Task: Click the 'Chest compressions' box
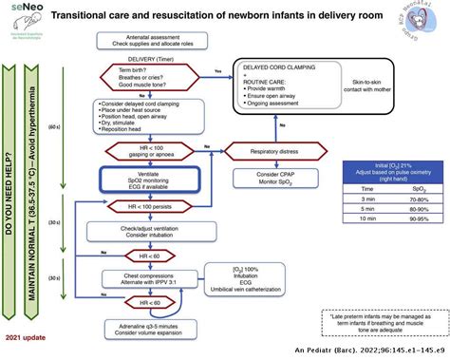[x=145, y=280]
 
